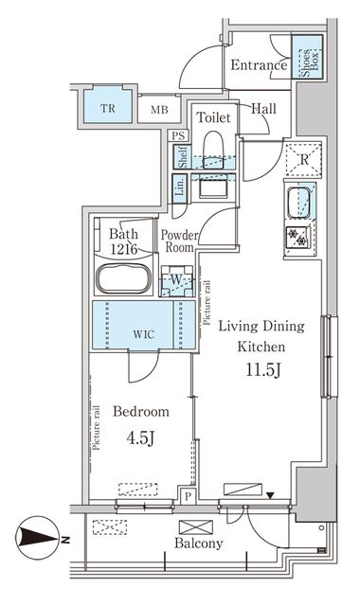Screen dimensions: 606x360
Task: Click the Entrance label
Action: [259, 66]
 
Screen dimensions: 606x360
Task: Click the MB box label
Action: [156, 109]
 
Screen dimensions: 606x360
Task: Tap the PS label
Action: [178, 136]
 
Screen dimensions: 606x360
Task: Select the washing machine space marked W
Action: [176, 281]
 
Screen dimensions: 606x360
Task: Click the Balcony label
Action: [199, 544]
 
